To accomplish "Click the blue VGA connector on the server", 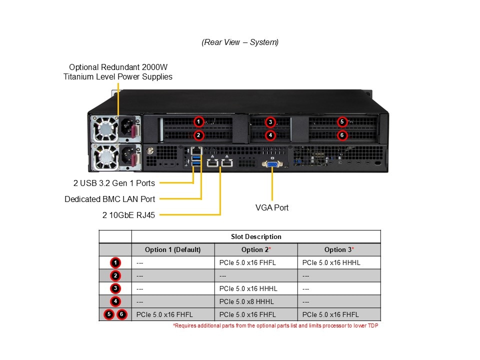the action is [x=272, y=164].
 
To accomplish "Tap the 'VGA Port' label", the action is [x=272, y=207].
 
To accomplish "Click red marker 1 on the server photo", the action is [x=198, y=122].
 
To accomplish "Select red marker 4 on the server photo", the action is [x=270, y=135].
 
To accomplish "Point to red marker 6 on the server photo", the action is [x=342, y=135].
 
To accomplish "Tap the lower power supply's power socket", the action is [x=126, y=156].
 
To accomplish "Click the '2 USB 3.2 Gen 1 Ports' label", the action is [x=114, y=183].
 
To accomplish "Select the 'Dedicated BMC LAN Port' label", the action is [x=110, y=199].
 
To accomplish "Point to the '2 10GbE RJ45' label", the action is [x=128, y=215].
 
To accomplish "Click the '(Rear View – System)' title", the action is [x=240, y=42].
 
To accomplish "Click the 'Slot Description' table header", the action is [x=256, y=236].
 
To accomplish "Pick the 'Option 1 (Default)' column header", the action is [x=172, y=250].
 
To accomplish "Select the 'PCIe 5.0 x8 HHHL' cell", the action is [x=246, y=301].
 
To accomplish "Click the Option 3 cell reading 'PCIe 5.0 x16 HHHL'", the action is [x=331, y=262].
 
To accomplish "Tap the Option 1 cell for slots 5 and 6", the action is [x=164, y=314].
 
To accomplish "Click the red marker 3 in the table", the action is [x=115, y=288].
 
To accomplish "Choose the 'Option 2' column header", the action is [x=256, y=250].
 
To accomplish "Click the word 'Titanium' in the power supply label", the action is [x=78, y=76].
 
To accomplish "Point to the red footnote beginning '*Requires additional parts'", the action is [x=275, y=325].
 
